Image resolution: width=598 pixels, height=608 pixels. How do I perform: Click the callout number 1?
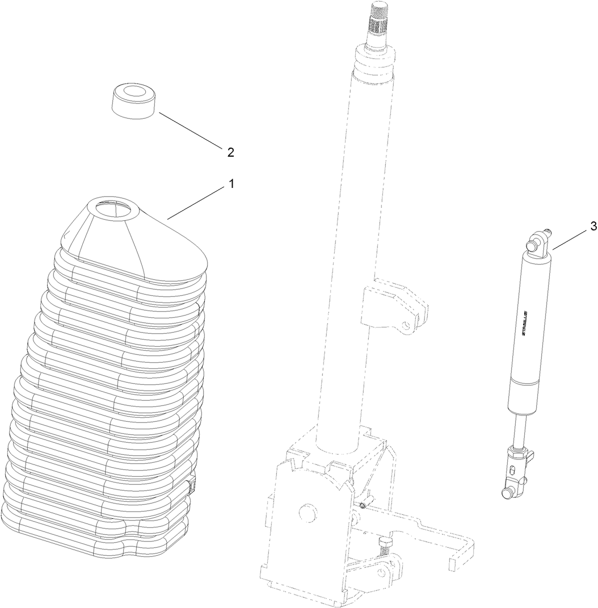point(231,184)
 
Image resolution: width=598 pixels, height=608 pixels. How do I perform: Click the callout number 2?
point(230,152)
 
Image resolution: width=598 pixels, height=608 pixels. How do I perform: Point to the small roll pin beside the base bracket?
point(363,504)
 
